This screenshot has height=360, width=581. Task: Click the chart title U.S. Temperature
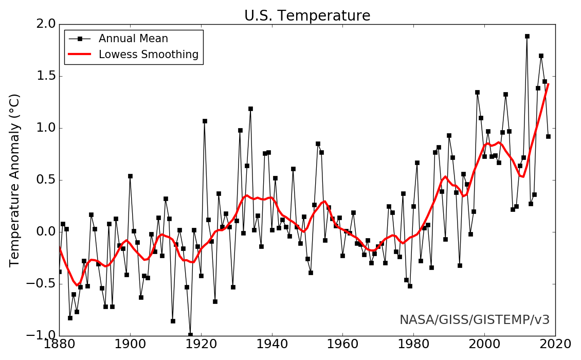pos(307,16)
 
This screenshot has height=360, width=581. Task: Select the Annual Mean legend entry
pos(133,39)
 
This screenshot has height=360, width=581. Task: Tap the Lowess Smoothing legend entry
pos(149,55)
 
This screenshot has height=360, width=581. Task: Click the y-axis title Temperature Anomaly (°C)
pos(15,180)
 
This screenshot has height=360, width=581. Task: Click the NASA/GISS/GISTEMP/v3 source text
pos(475,320)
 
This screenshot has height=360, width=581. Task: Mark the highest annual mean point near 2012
pos(527,36)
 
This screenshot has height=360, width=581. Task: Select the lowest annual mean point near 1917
pos(190,335)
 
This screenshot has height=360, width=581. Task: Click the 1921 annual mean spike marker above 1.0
pos(205,121)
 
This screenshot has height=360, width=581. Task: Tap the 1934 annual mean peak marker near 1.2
pos(250,109)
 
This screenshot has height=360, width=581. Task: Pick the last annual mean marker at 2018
pos(548,136)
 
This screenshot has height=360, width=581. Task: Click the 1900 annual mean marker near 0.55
pos(130,176)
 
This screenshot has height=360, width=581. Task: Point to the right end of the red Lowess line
pos(548,84)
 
